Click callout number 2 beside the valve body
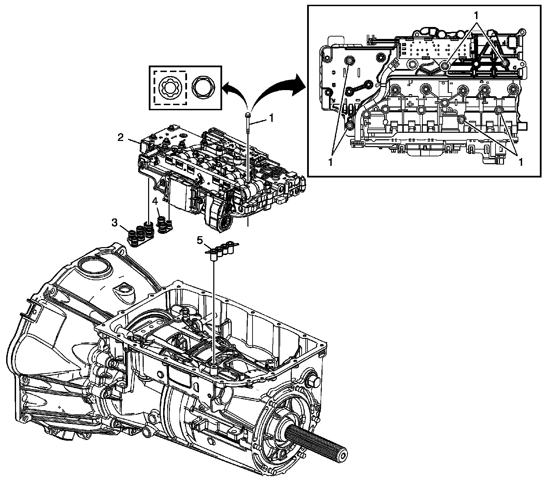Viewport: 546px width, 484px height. (120, 138)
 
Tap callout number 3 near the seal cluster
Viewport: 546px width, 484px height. (115, 224)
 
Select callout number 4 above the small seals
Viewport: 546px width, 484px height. (155, 201)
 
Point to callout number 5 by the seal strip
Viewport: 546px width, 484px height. (200, 240)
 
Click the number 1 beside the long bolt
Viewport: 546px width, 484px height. (271, 118)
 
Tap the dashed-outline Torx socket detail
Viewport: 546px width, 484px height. (170, 88)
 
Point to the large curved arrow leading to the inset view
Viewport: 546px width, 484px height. (273, 85)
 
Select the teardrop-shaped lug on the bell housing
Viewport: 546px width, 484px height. (125, 290)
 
